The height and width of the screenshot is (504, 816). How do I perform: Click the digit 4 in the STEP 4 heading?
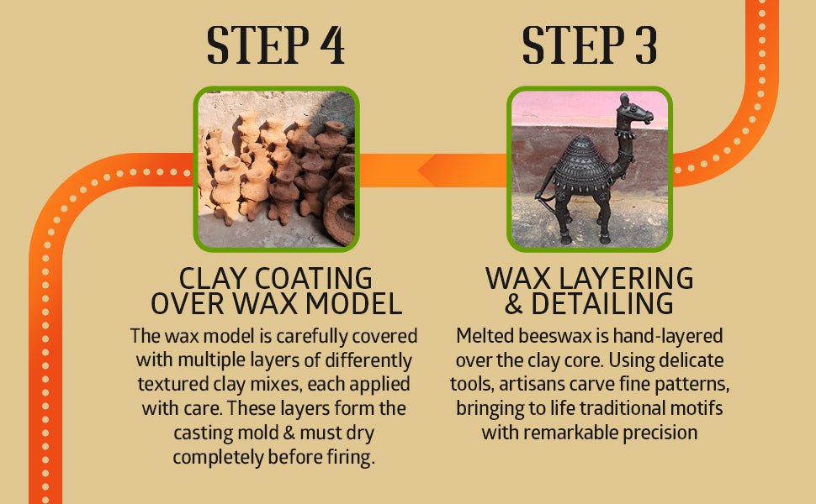tap(332, 45)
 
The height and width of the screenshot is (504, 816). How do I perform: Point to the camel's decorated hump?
tap(581, 161)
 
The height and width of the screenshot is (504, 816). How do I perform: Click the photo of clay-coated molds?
tap(276, 169)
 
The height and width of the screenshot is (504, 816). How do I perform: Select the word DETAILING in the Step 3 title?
tap(602, 303)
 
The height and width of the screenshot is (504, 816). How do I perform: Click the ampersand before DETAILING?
tap(514, 304)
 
